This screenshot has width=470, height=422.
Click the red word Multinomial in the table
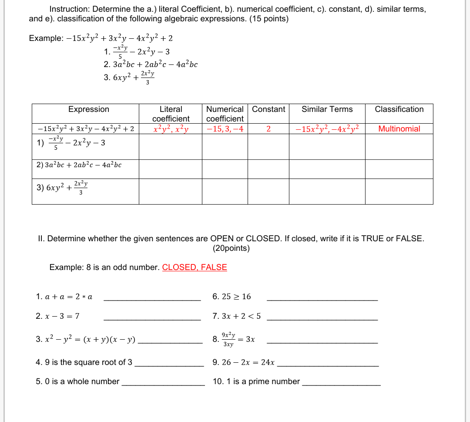(399, 128)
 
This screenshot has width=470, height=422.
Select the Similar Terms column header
(327, 109)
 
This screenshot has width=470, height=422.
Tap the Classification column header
(399, 109)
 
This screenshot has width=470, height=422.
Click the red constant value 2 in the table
(268, 129)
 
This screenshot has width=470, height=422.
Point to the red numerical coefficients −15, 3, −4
(225, 129)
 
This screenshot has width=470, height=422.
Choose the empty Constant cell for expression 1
(268, 147)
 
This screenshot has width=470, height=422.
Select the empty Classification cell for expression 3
(399, 191)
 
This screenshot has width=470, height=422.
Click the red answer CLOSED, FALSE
(195, 267)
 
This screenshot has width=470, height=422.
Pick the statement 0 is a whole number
(77, 381)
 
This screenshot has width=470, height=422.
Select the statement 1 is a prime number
(256, 381)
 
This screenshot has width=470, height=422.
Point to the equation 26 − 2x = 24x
(244, 362)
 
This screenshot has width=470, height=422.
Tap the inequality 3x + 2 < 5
(237, 316)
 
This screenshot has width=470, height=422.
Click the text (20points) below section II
(231, 249)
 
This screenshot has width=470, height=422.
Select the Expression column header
(89, 109)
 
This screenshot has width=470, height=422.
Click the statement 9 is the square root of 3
(84, 362)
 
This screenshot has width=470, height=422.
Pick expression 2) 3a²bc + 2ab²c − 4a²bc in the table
(79, 165)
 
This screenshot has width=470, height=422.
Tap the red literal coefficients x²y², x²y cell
(171, 129)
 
